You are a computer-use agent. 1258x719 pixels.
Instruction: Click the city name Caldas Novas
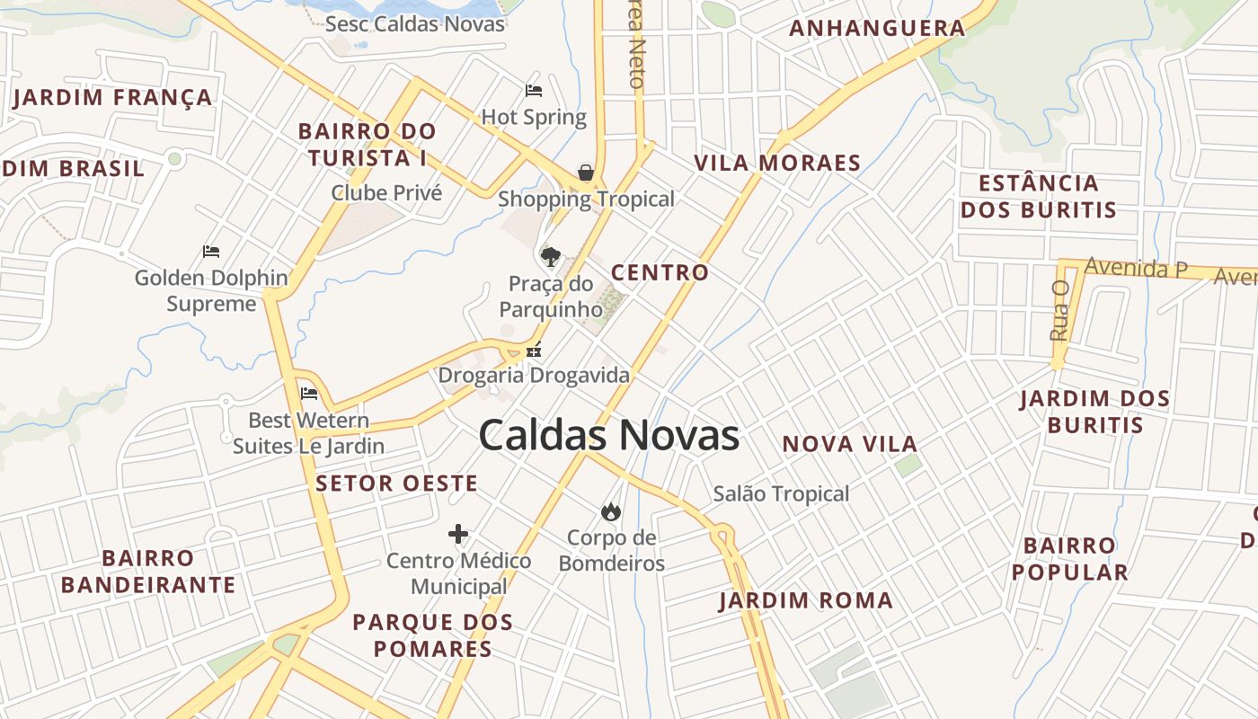point(608,436)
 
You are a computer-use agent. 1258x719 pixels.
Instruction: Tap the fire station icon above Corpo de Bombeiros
point(611,512)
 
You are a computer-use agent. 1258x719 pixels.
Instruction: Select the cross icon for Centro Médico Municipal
point(458,535)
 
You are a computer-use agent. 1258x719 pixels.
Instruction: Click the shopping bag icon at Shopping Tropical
point(586,173)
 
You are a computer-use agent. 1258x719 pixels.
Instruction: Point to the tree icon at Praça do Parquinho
point(551,257)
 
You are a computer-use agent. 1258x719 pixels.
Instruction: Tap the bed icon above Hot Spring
point(534,91)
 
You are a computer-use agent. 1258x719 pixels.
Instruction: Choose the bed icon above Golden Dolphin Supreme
point(211,252)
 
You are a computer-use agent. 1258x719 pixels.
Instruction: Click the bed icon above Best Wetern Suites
point(309,394)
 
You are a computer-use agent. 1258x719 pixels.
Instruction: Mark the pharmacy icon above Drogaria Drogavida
point(534,351)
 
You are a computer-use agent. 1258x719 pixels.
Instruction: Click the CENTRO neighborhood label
point(660,272)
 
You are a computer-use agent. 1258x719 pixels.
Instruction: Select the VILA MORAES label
point(777,164)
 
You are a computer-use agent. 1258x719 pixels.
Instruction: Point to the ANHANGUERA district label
point(877,29)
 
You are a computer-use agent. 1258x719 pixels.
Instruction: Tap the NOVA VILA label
point(849,444)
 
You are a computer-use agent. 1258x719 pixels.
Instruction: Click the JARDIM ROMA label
point(806,600)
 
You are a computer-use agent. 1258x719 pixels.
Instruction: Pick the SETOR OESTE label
point(396,484)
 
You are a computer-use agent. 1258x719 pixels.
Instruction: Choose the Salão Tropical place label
point(781,493)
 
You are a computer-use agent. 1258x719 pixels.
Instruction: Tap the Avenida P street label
point(1136,268)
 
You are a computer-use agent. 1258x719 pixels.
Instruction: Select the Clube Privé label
point(386,192)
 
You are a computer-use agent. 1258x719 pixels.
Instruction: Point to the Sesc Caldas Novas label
point(415,24)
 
